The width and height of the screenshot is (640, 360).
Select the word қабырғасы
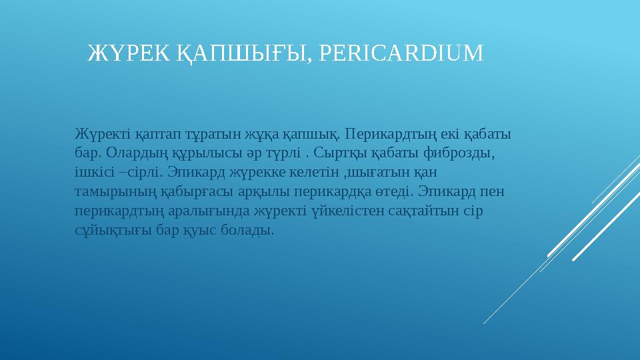tap(193, 191)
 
